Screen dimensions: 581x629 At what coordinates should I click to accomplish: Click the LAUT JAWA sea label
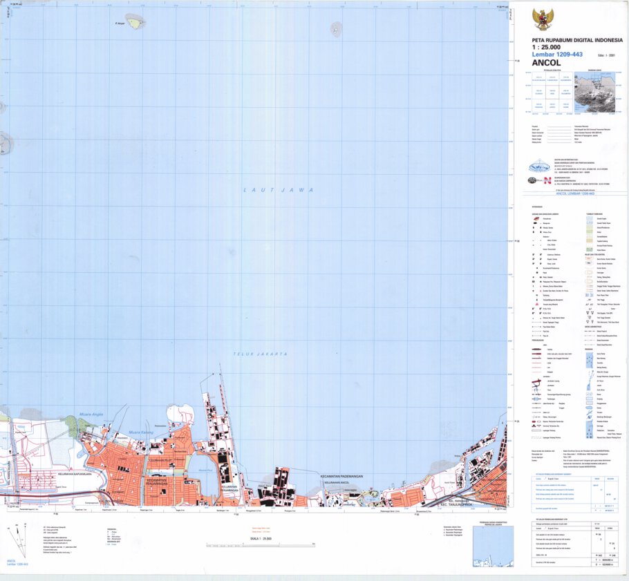click(279, 189)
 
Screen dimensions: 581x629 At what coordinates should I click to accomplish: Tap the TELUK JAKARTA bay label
click(260, 354)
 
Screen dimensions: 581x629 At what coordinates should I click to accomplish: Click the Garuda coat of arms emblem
click(543, 19)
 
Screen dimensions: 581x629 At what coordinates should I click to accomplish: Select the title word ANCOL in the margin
click(547, 63)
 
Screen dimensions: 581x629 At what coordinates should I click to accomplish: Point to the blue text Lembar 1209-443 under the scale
click(557, 55)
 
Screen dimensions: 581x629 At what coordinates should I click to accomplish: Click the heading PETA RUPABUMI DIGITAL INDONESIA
click(576, 40)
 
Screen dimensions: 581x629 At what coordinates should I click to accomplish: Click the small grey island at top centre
click(337, 29)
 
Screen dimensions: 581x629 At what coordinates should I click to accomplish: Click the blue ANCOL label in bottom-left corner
click(11, 560)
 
